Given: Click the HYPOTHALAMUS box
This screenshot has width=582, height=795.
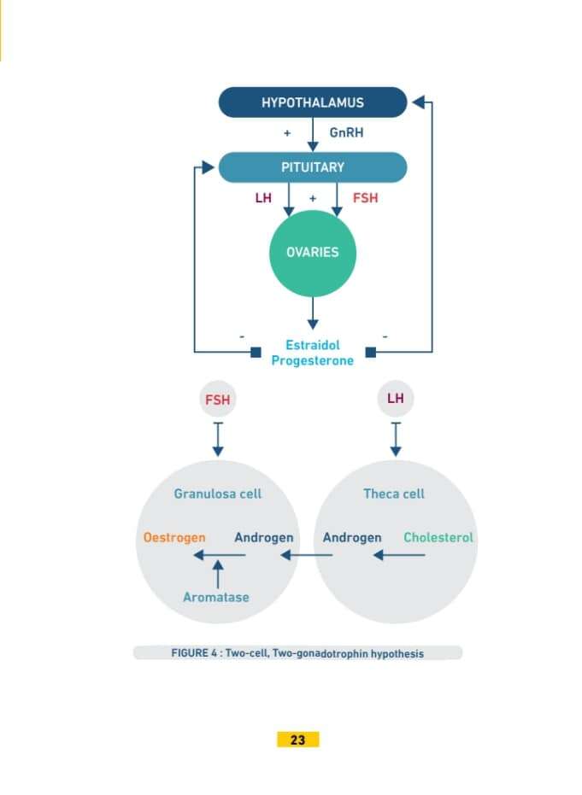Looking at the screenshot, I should [x=313, y=102].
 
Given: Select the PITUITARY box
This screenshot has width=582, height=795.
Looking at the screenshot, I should [x=313, y=167].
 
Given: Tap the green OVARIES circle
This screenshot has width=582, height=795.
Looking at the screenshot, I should [x=312, y=253].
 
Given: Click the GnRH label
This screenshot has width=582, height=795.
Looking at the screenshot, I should [x=347, y=134].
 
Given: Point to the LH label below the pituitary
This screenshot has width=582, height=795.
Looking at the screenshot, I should [x=264, y=198].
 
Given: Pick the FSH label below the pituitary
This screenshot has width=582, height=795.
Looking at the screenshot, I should [x=365, y=198].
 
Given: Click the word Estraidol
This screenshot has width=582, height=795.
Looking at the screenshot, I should [x=313, y=345].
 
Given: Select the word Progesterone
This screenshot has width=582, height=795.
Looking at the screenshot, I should [x=313, y=360].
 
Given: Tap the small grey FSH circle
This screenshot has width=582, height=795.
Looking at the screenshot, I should [x=217, y=400].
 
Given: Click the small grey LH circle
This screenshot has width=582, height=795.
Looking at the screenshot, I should [x=395, y=399].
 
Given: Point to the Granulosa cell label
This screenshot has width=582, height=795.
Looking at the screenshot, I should [x=218, y=494].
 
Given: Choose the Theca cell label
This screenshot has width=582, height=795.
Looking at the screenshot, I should [x=394, y=494].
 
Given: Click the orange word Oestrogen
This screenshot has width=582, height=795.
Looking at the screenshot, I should [x=174, y=538].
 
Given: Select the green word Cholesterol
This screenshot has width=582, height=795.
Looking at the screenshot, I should [x=438, y=538].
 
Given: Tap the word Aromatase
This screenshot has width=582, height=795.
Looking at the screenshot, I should [x=216, y=597].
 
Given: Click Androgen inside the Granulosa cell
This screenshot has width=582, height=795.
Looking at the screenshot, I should [x=264, y=538].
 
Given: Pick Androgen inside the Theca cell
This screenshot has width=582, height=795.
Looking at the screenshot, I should [x=352, y=538].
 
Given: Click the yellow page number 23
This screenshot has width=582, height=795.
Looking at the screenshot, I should [x=297, y=739].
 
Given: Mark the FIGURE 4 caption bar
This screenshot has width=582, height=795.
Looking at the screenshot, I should [x=297, y=653].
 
